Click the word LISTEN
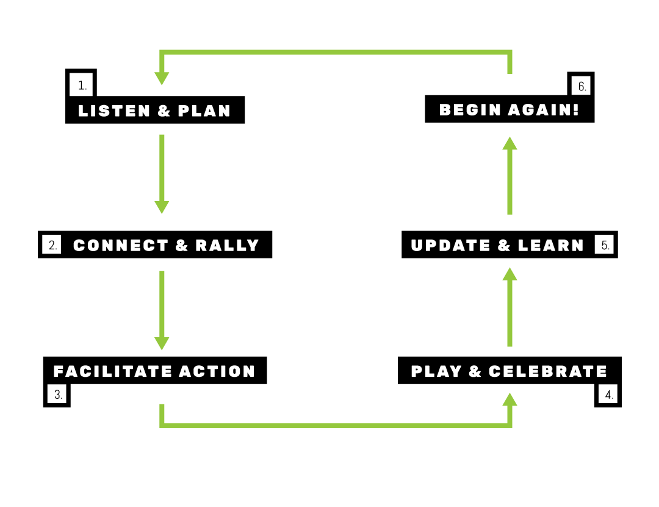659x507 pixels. [114, 111]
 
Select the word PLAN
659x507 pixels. [204, 111]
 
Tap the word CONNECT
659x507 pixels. [121, 246]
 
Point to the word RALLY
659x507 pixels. [228, 246]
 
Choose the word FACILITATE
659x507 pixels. [112, 371]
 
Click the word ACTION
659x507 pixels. [217, 371]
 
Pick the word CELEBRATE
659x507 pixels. [548, 371]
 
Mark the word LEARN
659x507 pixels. [551, 246]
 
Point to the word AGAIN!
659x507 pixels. [544, 110]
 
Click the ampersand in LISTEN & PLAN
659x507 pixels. [164, 111]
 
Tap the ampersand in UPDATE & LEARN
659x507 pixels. [504, 246]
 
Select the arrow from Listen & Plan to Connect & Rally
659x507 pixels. [162, 173]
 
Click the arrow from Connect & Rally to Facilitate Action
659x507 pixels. [162, 310]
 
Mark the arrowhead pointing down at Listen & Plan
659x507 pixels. [162, 78]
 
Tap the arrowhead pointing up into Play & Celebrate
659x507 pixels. [510, 400]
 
